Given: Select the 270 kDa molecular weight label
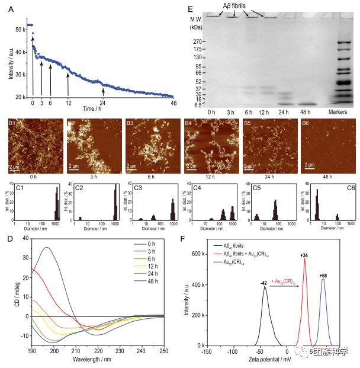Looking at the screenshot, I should point(199,41).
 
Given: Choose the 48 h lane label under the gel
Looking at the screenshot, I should point(306,112).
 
